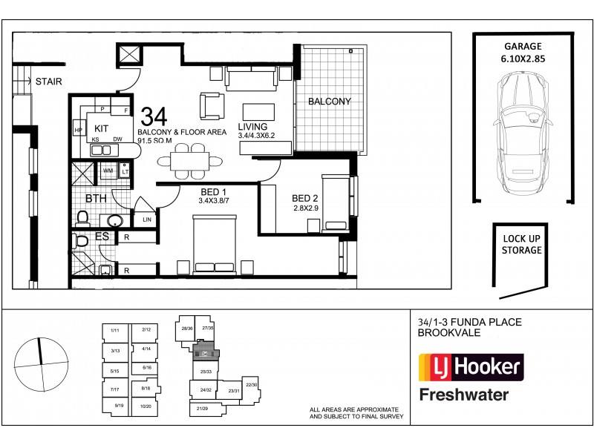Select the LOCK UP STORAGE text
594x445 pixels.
[522, 245]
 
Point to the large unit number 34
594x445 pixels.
[153, 116]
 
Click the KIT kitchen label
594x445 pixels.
[102, 128]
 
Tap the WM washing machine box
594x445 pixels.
[107, 171]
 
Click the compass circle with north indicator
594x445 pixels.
[40, 360]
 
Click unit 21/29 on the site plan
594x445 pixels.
[203, 409]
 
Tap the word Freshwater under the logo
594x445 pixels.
[464, 394]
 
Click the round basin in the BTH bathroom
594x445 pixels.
[114, 220]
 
